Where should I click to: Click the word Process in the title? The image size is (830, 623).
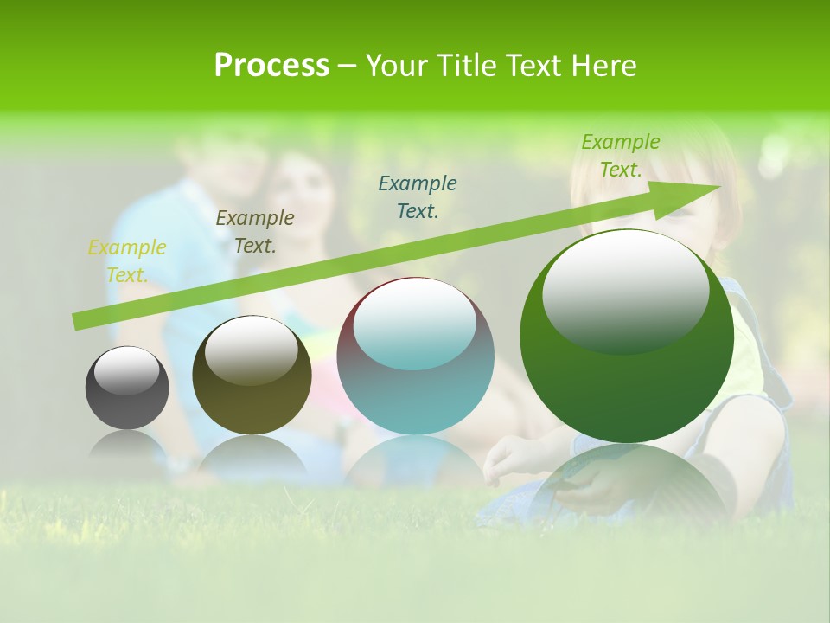coord(271,66)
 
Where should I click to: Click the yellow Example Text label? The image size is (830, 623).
coord(127,260)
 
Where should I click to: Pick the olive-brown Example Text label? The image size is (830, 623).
coord(255,231)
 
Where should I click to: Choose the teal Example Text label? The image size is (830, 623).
coord(418,196)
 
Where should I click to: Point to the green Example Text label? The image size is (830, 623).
coord(620,156)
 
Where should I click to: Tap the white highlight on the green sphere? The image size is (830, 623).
coord(626,290)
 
